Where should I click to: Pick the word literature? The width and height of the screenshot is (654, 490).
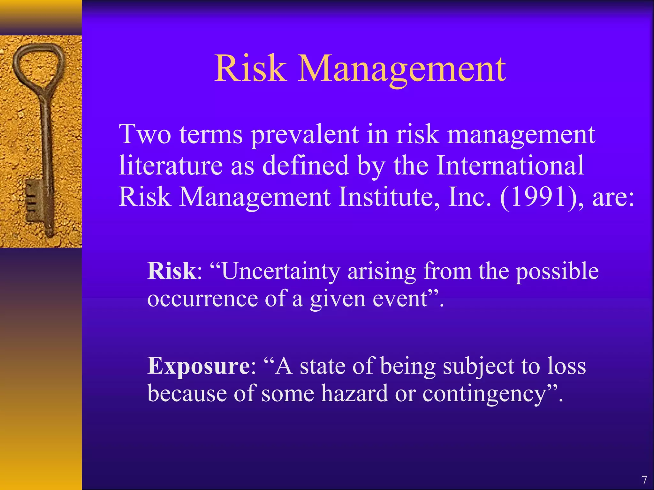click(171, 166)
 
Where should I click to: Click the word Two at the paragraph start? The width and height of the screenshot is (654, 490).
click(145, 134)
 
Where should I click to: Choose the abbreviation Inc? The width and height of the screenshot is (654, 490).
click(469, 197)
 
